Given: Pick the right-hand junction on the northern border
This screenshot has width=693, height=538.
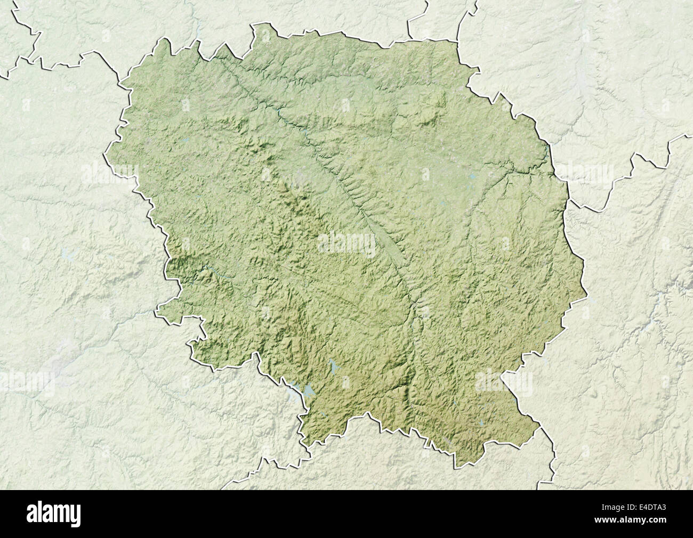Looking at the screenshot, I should (x=457, y=40).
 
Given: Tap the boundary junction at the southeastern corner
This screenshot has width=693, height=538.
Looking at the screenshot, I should (x=540, y=426).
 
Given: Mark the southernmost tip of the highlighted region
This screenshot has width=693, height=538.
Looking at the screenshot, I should (x=456, y=467).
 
